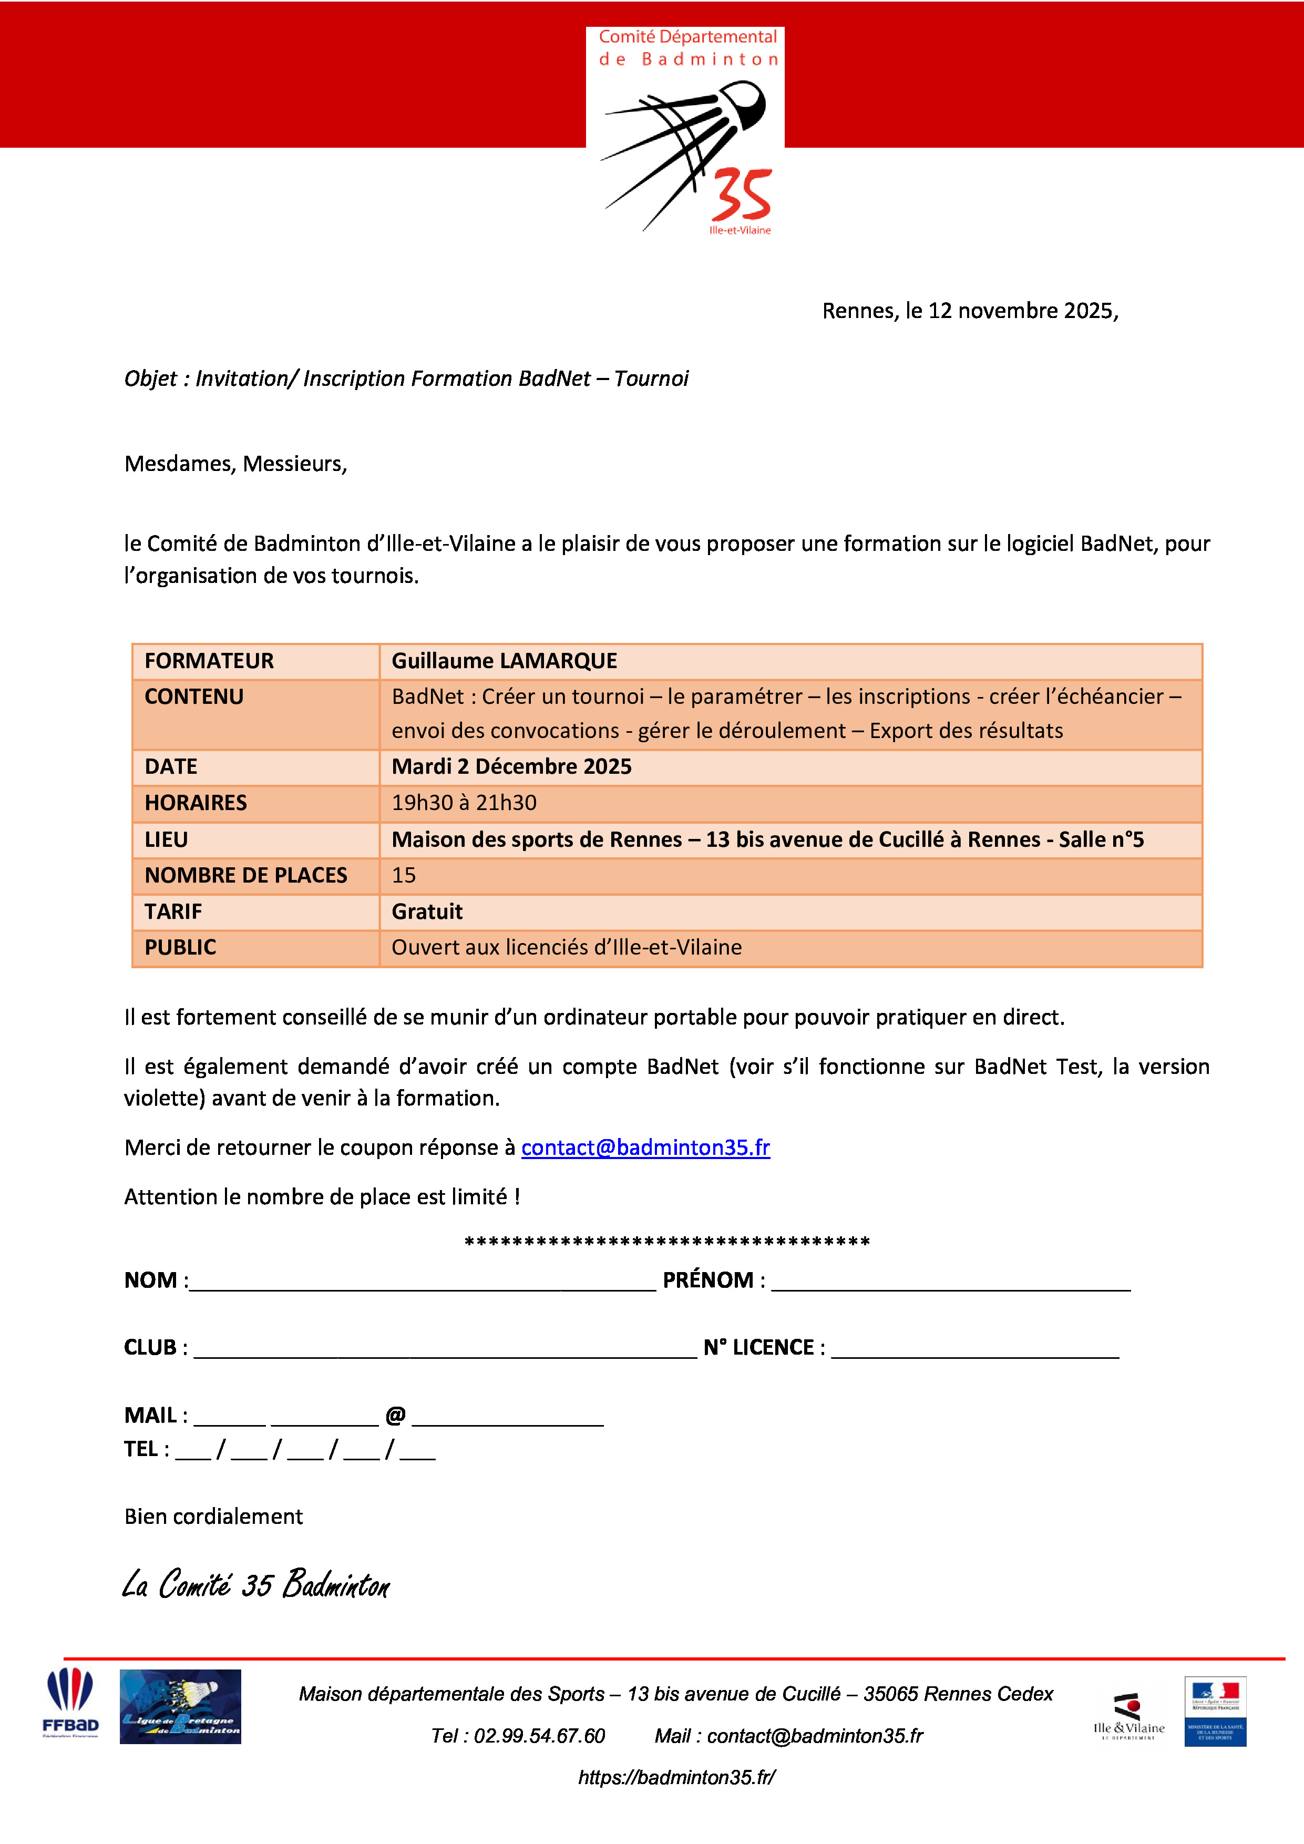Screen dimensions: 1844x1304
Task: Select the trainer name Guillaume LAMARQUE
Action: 504,661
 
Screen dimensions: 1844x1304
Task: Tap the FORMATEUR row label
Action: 209,661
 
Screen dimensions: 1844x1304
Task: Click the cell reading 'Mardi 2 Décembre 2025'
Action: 511,766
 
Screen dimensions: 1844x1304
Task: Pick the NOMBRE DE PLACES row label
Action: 245,875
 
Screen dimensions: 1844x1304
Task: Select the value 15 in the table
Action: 404,875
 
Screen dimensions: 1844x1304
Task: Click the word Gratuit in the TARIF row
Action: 427,911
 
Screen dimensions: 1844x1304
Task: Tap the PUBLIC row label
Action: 181,948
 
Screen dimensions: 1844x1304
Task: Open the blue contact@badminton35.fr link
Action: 645,1148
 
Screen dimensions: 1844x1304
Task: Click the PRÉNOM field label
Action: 708,1280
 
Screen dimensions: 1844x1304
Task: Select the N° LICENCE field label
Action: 759,1348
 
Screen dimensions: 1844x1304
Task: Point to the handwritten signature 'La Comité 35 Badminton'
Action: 256,1584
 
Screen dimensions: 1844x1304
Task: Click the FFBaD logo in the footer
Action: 70,1704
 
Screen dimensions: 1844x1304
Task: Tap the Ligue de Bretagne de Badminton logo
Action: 181,1707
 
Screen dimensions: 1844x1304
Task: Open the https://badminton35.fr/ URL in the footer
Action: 676,1777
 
